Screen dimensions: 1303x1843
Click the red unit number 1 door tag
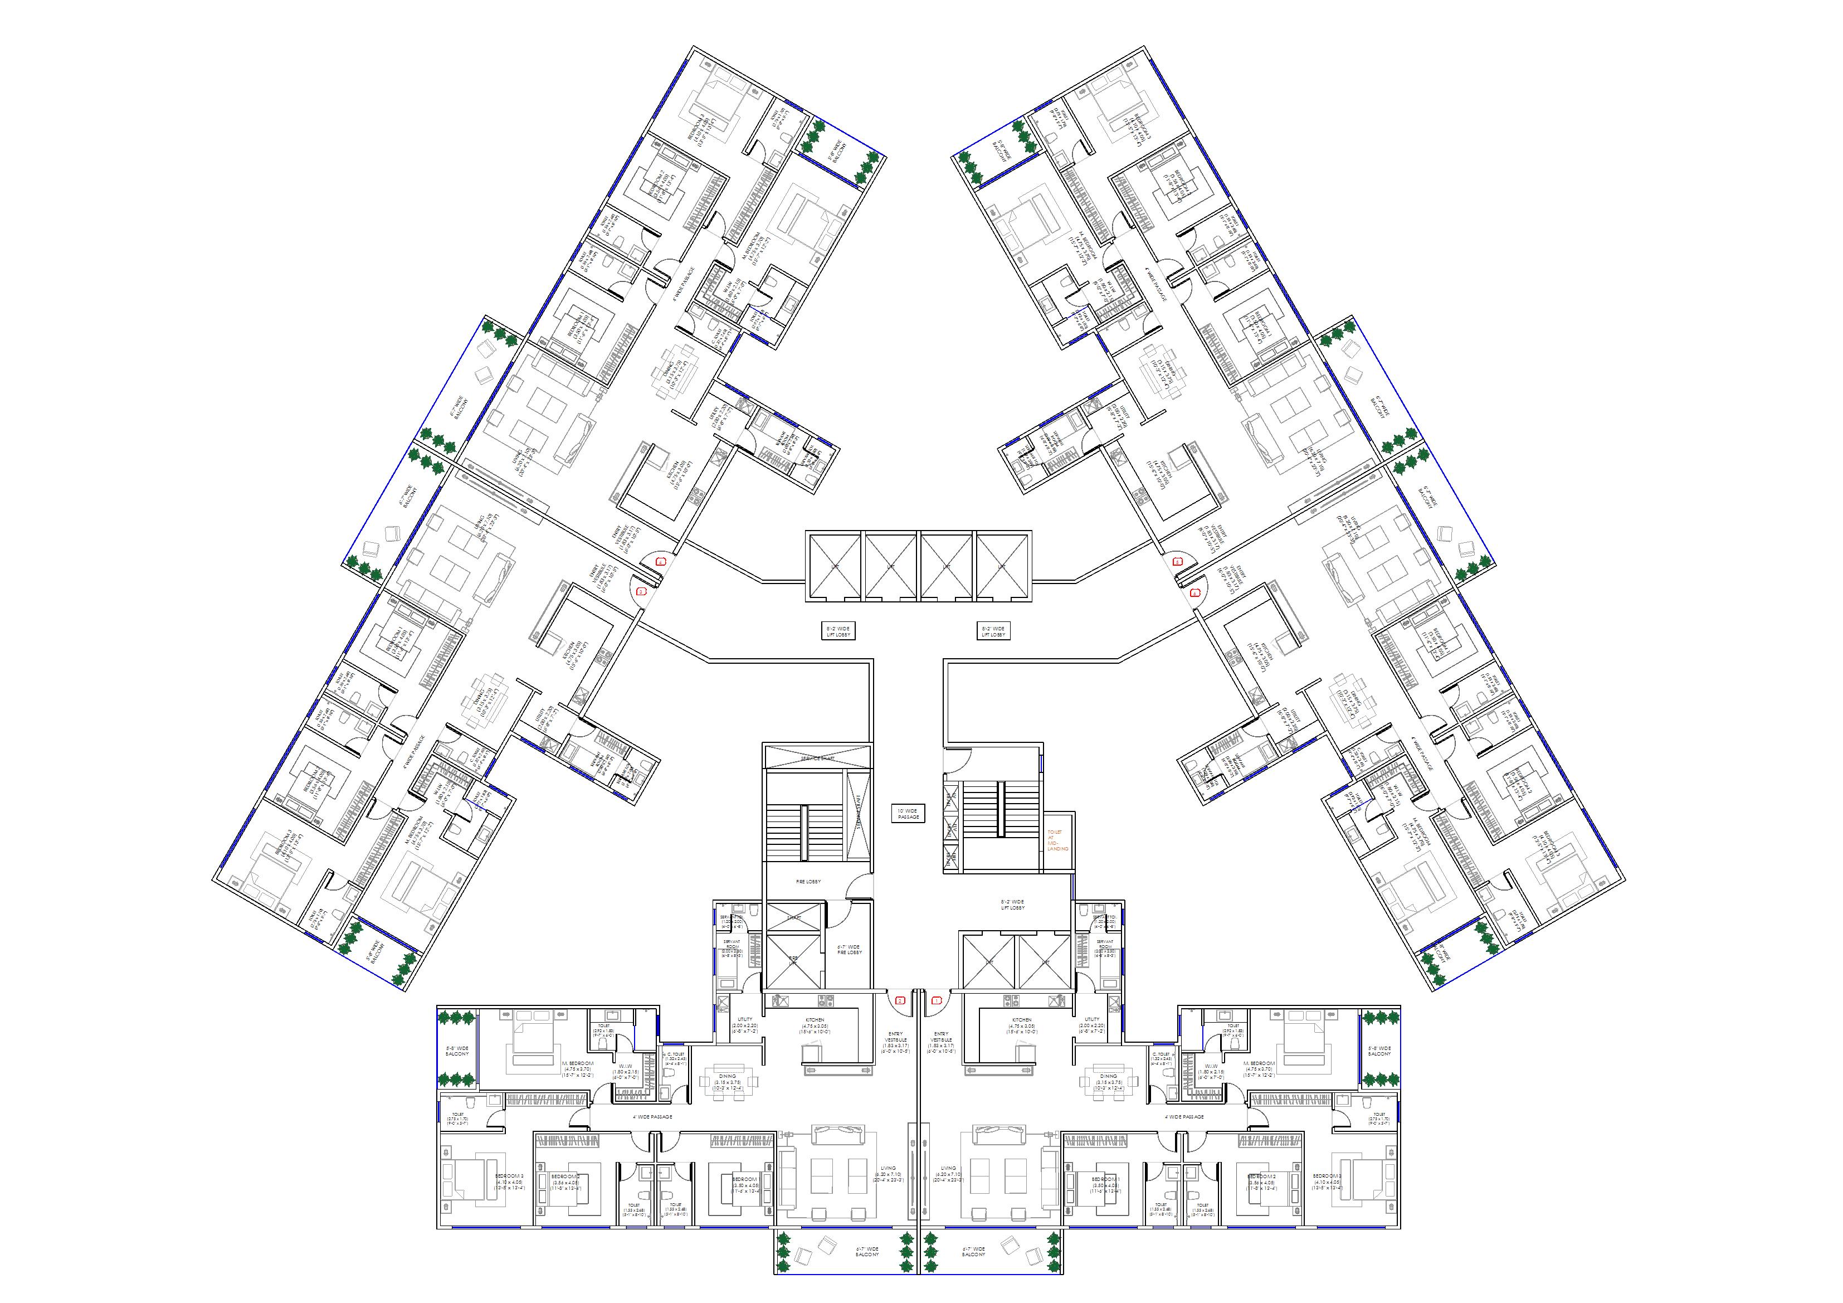pos(936,1001)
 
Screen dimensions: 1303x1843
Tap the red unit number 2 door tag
pos(900,1001)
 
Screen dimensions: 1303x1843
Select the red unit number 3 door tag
pos(641,592)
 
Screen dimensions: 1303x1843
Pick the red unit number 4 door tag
pos(661,562)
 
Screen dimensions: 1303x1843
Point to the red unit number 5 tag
pos(1178,562)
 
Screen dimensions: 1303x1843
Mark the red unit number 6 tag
pos(1195,594)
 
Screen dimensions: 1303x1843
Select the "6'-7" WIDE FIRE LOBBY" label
pos(849,950)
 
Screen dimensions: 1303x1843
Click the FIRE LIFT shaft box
pos(794,959)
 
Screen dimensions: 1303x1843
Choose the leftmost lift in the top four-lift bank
pos(834,565)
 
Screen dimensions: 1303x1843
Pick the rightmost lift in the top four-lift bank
pos(1002,565)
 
